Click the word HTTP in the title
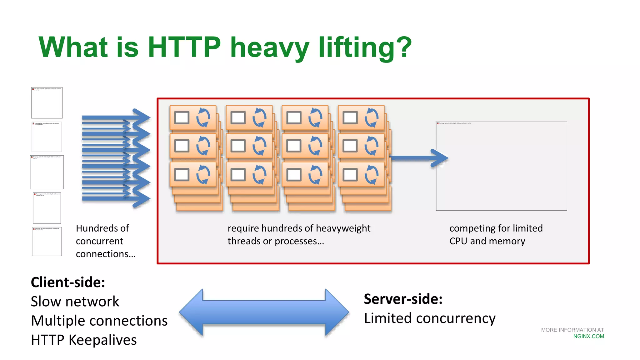point(184,47)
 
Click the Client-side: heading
point(68,282)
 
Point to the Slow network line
point(75,302)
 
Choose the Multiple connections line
point(99,321)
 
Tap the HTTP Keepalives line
point(84,340)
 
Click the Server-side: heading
point(403,299)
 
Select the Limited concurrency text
point(430,318)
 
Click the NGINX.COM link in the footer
point(588,337)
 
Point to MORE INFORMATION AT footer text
point(572,330)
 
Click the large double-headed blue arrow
point(264,312)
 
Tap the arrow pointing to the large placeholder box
point(419,158)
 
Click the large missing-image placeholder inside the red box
point(501,166)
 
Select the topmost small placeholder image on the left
point(47,103)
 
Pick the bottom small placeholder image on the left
point(47,242)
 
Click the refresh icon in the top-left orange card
point(203,117)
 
